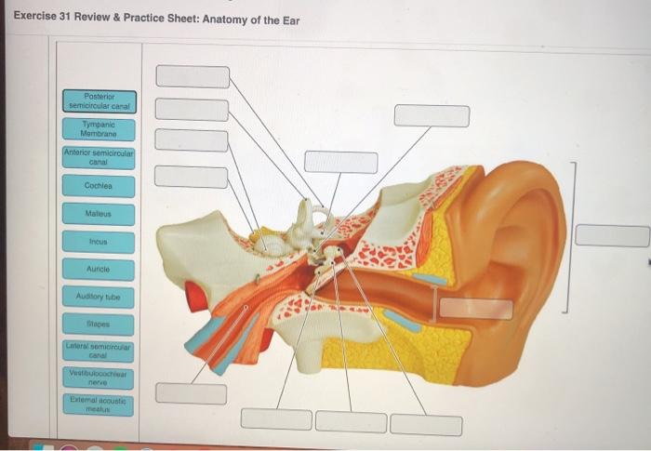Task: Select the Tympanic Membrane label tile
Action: (x=99, y=129)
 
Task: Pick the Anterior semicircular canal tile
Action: (x=99, y=157)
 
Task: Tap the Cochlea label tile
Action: (x=99, y=185)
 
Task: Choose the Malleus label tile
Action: (x=99, y=213)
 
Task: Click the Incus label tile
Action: (x=99, y=241)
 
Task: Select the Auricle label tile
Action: (x=99, y=269)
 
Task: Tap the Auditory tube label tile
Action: (x=99, y=298)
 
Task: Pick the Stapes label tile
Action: (x=99, y=326)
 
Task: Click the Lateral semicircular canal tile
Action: (x=99, y=351)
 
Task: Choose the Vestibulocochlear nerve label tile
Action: (x=99, y=377)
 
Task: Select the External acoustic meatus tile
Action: (x=99, y=403)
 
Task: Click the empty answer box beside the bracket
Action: (x=611, y=235)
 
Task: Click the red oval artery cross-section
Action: (x=195, y=295)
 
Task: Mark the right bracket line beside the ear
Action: (x=576, y=237)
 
